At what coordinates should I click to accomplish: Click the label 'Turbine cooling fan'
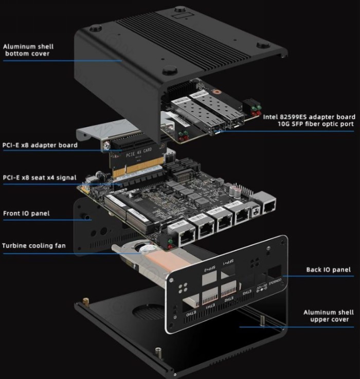pos(33,246)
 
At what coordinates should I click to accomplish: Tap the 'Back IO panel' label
pos(328,269)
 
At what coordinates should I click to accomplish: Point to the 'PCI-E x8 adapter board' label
pos(40,146)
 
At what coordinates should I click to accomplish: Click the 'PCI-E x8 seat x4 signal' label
pos(40,178)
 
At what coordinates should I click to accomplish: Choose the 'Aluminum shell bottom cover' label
pos(29,50)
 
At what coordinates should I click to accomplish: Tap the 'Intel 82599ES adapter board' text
pos(309,117)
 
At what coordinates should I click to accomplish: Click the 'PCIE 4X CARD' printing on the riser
pos(139,152)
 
